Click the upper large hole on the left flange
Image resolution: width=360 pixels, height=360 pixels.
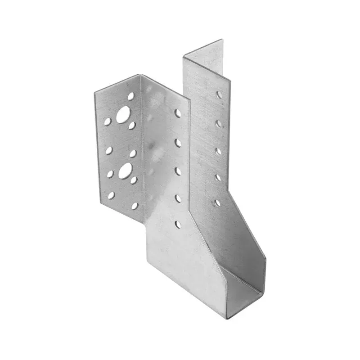(122, 115)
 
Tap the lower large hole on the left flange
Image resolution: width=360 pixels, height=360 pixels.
(125, 171)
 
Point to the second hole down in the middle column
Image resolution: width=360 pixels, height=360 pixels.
(178, 143)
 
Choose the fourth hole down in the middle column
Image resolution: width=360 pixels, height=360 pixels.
(178, 197)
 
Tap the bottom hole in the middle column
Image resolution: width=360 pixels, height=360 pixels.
(178, 223)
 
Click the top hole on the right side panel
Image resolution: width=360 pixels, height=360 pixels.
(219, 95)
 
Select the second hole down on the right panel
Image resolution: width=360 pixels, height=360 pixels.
(219, 123)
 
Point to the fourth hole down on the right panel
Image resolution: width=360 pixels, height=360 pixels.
(218, 178)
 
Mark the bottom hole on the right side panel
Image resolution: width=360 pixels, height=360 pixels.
(218, 203)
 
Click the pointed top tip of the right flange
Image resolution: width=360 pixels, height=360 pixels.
(222, 40)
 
